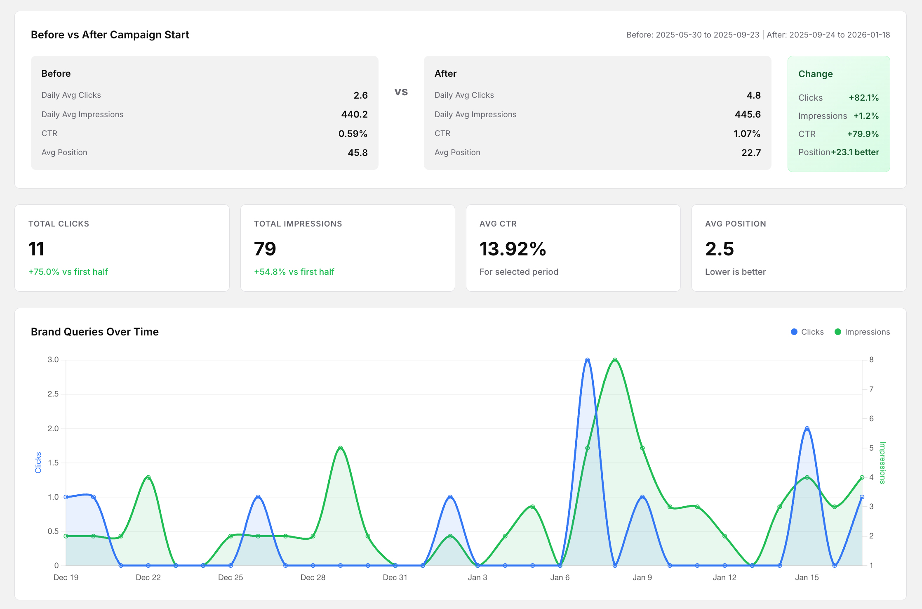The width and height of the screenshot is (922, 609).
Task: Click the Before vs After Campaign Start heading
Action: pos(110,35)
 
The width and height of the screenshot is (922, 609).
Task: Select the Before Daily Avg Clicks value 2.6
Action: pos(360,95)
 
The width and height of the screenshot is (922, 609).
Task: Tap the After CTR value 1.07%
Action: pos(747,134)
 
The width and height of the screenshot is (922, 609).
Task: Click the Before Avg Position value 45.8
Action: pos(358,153)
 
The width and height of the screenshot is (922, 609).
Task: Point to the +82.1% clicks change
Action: pos(863,98)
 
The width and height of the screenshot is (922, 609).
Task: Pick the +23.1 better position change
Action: pos(855,152)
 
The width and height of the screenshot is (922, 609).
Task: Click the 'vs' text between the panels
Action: pos(401,92)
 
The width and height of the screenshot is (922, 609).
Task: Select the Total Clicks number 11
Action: pos(36,249)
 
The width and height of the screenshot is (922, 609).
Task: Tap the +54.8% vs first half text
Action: pos(294,272)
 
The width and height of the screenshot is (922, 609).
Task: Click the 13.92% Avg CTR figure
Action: pos(513,249)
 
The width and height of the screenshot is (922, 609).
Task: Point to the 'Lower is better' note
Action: pos(735,272)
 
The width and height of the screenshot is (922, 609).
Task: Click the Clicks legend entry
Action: pos(807,332)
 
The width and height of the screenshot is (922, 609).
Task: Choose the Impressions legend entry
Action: pos(862,332)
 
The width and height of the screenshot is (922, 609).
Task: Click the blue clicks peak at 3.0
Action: pos(587,360)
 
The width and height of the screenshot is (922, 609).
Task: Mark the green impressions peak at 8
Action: pos(615,360)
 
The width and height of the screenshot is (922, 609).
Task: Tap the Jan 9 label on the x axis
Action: pos(642,578)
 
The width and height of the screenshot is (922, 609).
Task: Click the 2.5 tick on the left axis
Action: pos(53,394)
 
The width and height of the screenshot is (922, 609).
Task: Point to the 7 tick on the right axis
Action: pos(871,389)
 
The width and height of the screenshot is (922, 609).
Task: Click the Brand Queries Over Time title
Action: pos(95,332)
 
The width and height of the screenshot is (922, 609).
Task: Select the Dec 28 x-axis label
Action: pos(313,578)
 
